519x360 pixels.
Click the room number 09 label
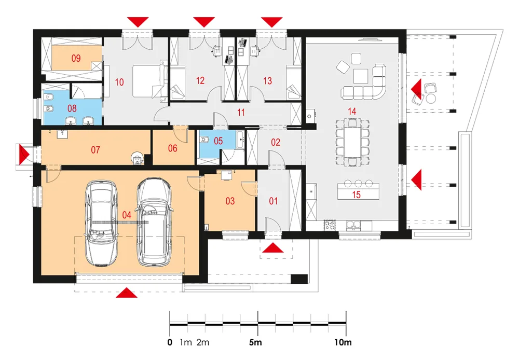tap(76, 58)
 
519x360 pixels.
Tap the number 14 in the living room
tap(352, 111)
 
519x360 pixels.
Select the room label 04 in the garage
tap(127, 215)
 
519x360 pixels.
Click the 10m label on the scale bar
tap(343, 342)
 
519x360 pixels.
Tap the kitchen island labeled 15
tap(358, 191)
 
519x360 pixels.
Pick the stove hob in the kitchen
tap(330, 225)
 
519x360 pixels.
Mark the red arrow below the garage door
tap(127, 293)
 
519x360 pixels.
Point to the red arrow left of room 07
tap(24, 155)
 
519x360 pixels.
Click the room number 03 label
tap(230, 201)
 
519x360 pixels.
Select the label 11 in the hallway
tap(241, 113)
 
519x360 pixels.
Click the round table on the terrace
tap(431, 98)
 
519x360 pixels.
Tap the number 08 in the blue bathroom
tap(72, 108)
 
